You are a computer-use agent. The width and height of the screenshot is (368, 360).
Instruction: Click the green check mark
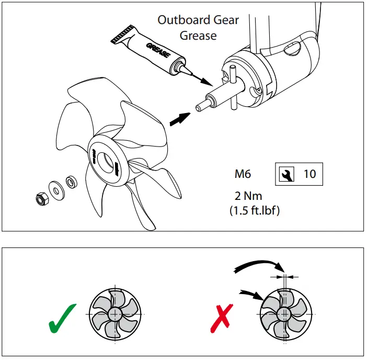tap(62, 317)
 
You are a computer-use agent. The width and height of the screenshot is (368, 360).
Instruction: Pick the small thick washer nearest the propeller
tap(69, 182)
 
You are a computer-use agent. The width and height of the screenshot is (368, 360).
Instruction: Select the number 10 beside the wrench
tap(309, 174)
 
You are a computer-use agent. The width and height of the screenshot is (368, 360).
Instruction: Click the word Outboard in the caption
tap(182, 20)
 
